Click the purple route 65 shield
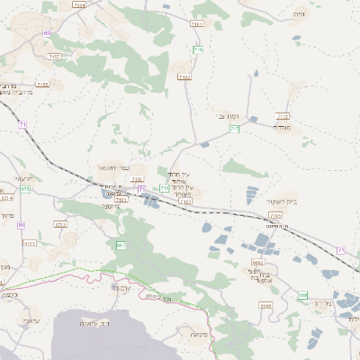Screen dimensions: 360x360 [46, 33]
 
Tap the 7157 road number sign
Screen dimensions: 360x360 [55, 57]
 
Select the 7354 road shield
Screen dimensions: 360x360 [79, 5]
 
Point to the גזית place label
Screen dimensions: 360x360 [300, 14]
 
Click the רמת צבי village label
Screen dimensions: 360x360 [227, 117]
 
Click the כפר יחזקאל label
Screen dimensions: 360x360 [114, 167]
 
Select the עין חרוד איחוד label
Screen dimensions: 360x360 [180, 177]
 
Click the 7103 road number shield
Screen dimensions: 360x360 [275, 216]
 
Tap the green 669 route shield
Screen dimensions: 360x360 [302, 295]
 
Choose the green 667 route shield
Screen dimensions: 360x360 [121, 245]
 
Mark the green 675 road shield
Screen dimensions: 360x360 [25, 189]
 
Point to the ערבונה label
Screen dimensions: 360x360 [120, 288]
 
